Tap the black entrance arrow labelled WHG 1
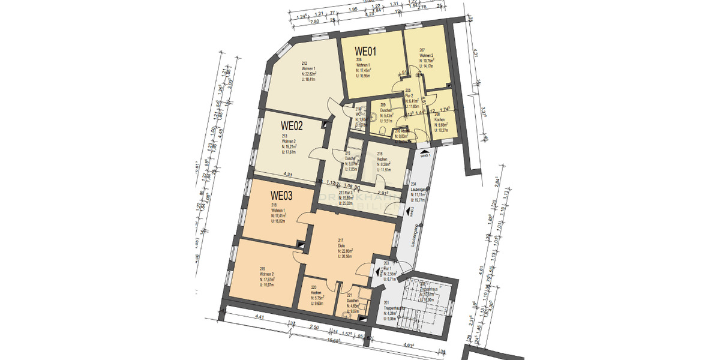point(425,154)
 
